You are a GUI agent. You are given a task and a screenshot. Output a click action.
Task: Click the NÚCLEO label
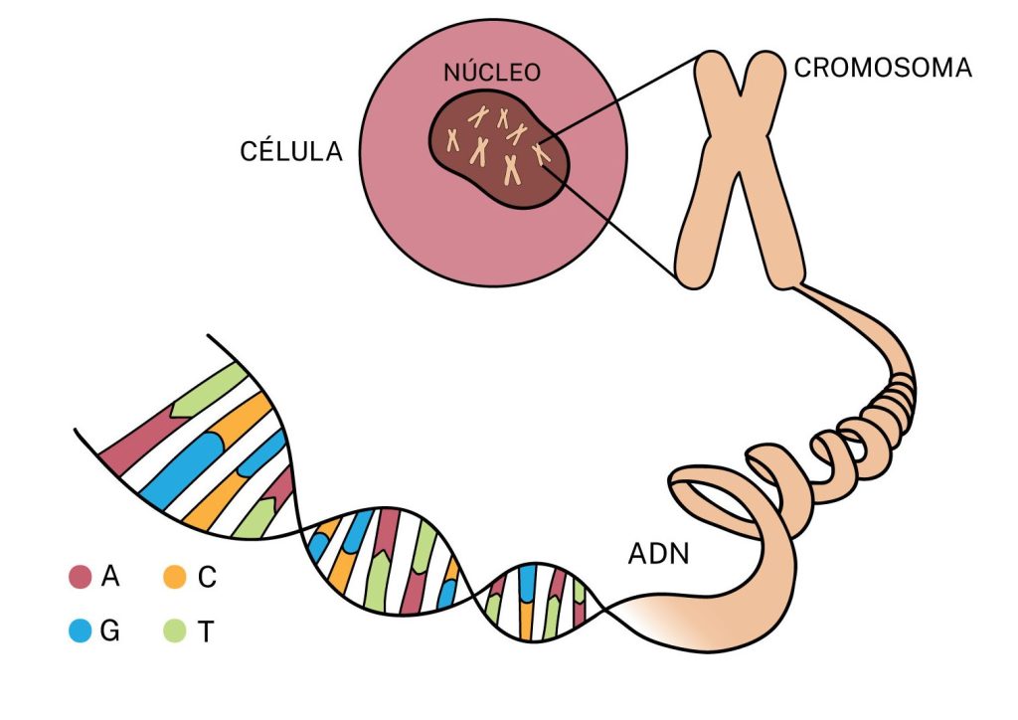click(492, 72)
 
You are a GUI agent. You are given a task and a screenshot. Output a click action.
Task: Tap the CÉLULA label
click(291, 151)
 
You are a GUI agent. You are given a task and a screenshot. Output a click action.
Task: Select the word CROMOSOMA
click(883, 68)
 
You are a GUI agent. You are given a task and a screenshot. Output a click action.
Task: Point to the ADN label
click(658, 554)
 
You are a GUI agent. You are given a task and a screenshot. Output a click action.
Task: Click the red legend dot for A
click(81, 577)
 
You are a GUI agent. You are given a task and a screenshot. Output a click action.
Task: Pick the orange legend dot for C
click(175, 577)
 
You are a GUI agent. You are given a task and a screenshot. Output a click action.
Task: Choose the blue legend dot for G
click(81, 630)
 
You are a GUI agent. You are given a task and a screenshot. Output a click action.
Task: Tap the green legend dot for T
click(175, 630)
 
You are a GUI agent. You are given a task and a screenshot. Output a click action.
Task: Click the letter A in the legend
click(110, 577)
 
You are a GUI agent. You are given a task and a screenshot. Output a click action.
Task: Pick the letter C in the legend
click(207, 577)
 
